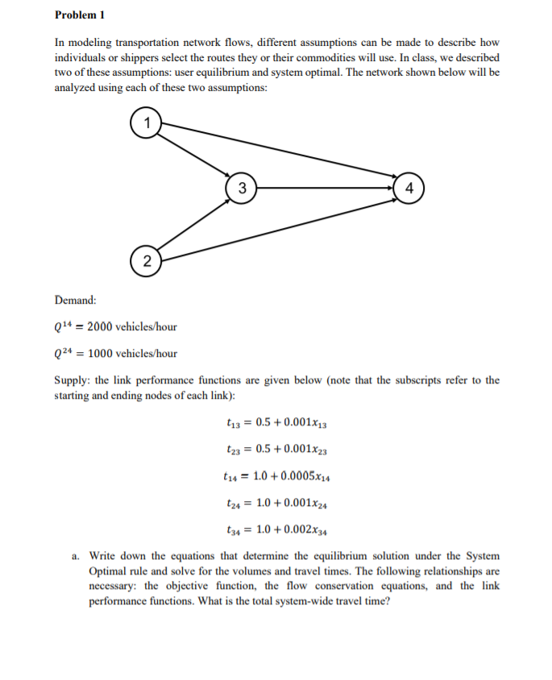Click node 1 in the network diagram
tap(146, 123)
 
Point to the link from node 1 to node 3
tap(193, 155)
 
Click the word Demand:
tap(75, 300)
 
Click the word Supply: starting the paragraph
tap(73, 379)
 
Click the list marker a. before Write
tap(75, 556)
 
